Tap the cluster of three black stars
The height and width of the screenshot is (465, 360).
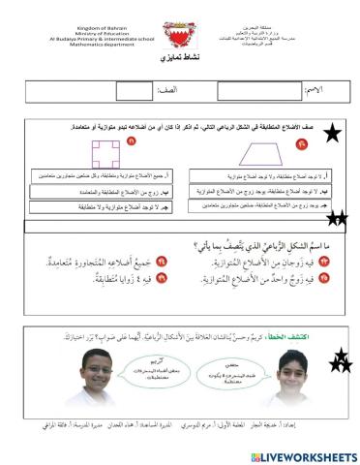coord(344,362)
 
